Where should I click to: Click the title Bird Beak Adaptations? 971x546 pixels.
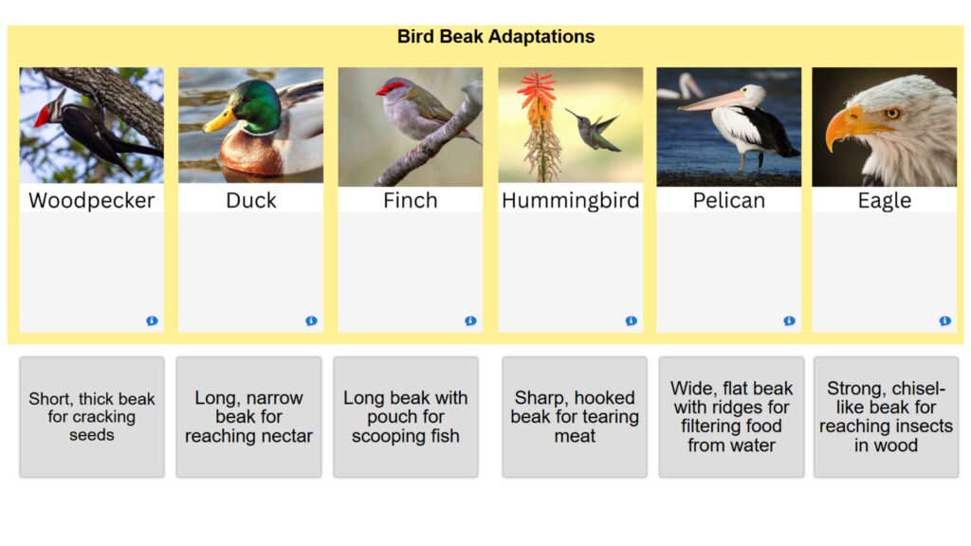pos(495,37)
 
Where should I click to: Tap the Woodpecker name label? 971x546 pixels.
pos(92,200)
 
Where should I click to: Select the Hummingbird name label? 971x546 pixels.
pos(570,200)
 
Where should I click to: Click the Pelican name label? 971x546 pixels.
pos(729,200)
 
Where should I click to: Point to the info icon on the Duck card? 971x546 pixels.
pos(311,320)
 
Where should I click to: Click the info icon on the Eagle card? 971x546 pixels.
pos(944,320)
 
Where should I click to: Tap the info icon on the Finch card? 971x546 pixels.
pos(470,320)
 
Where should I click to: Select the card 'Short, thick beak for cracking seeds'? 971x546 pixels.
pos(92,417)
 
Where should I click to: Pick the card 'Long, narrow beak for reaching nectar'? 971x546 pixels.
pos(249,417)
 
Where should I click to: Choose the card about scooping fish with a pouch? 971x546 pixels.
pos(406,417)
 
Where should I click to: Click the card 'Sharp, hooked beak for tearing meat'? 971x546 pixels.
pos(575,417)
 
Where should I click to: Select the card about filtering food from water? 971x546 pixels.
pos(731,417)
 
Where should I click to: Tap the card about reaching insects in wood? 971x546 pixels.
pos(887,417)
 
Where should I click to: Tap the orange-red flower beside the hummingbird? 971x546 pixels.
pos(538,124)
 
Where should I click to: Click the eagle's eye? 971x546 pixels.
pos(891,114)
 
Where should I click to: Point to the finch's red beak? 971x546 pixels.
pos(381,92)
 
